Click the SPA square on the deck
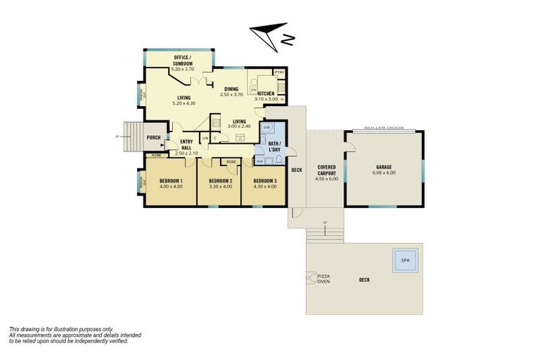tap(404, 260)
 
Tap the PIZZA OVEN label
tap(325, 279)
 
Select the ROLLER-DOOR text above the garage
tap(384, 129)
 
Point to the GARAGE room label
tap(384, 167)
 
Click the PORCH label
tap(154, 136)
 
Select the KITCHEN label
tap(266, 94)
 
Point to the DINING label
tap(231, 89)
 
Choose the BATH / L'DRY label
tap(274, 146)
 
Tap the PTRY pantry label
tap(279, 72)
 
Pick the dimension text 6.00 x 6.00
tap(384, 173)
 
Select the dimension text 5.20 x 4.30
tap(184, 103)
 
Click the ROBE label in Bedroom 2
tap(231, 162)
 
